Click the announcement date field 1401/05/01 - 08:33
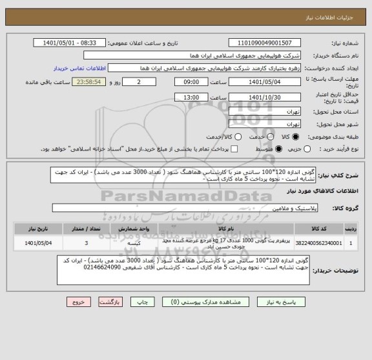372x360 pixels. [74, 43]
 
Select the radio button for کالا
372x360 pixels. [296, 137]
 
